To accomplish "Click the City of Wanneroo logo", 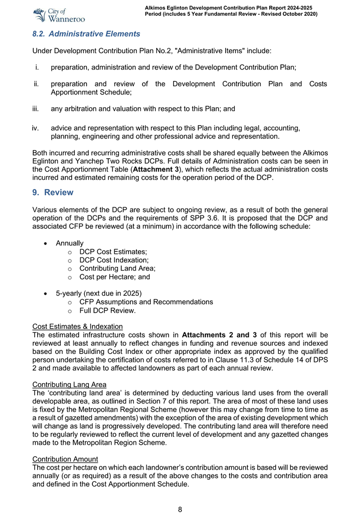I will pyautogui.click(x=58, y=15).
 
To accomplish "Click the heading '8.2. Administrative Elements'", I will pyautogui.click(x=86, y=34).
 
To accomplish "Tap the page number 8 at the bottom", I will pyautogui.click(x=180, y=509).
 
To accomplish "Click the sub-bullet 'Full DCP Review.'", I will pyautogui.click(x=107, y=311).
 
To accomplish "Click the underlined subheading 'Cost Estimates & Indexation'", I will pyautogui.click(x=77, y=326).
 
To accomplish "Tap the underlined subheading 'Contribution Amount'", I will pyautogui.click(x=65, y=459).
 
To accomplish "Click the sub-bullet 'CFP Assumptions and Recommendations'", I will pyautogui.click(x=146, y=302).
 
